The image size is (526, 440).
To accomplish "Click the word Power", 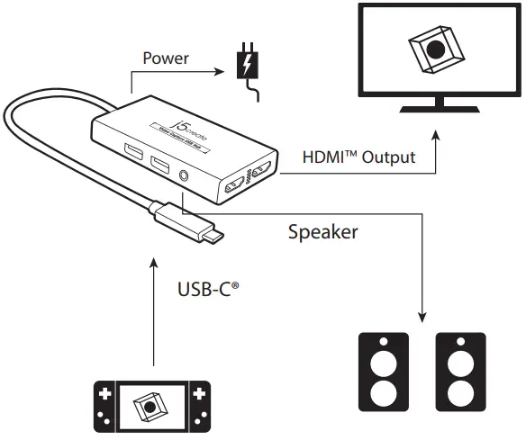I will point(166,58).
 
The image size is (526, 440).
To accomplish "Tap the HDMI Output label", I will point(358,158).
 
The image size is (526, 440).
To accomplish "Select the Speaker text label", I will point(322,232).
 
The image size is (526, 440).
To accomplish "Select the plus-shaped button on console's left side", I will point(105,397).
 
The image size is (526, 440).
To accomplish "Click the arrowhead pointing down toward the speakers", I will point(422,317).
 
